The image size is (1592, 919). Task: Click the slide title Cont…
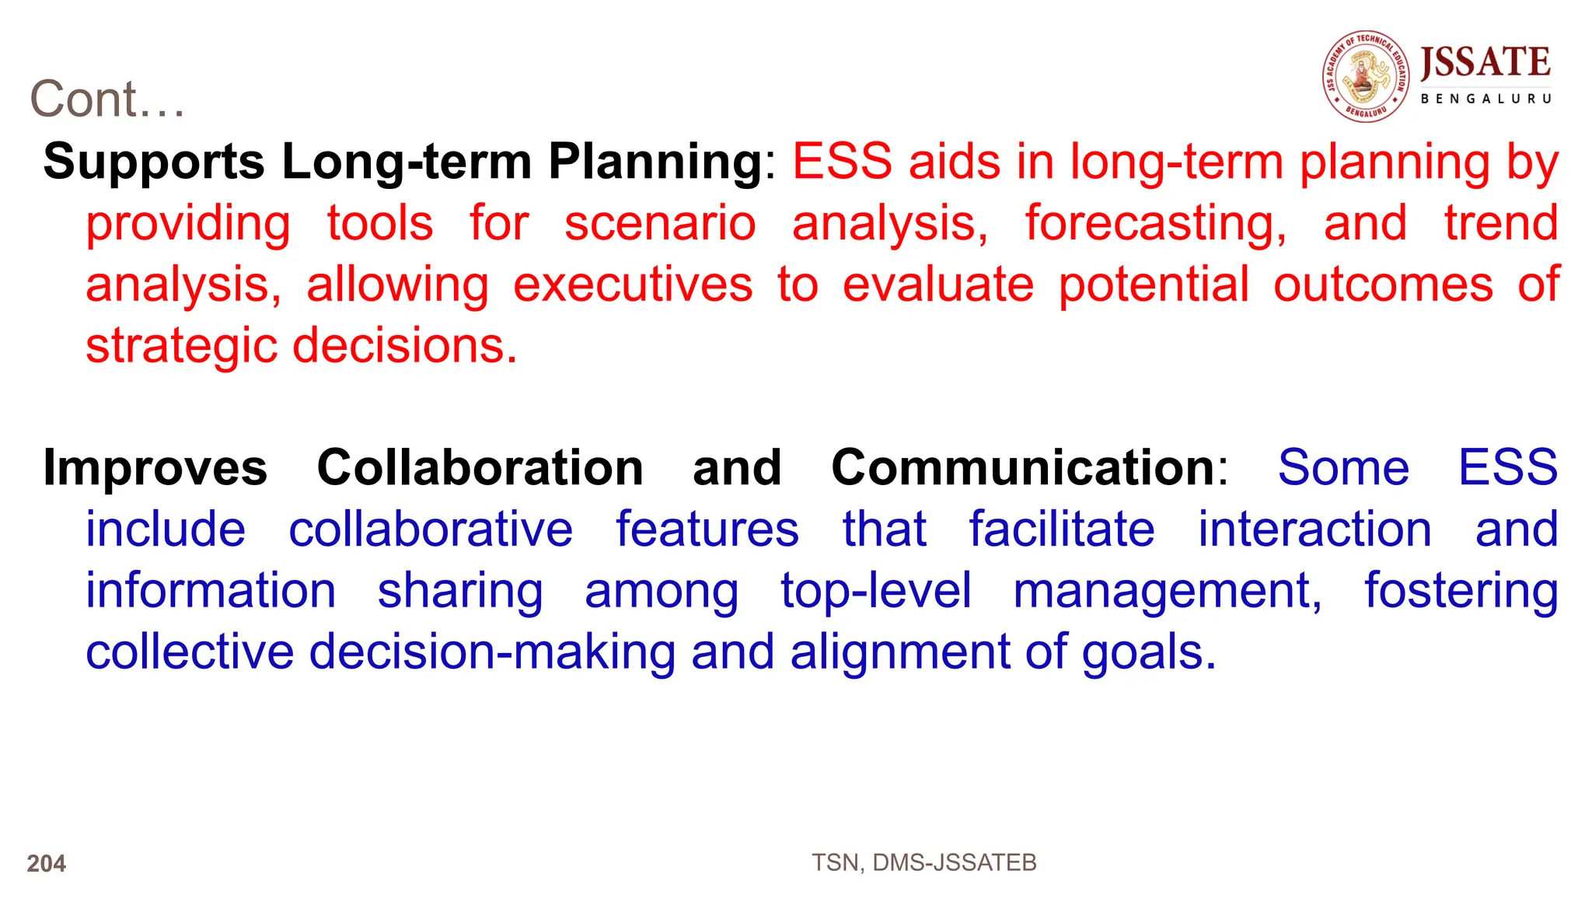[x=107, y=100]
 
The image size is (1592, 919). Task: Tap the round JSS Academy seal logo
[x=1366, y=76]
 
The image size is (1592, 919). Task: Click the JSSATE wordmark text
[x=1485, y=62]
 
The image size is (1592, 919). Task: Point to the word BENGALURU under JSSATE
[x=1486, y=99]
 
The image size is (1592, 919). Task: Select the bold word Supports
[x=154, y=162]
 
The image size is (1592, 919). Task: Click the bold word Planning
[x=655, y=162]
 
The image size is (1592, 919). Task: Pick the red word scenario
[x=660, y=223]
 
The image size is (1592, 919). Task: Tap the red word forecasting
[x=1156, y=223]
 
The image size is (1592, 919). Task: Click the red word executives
[x=633, y=285]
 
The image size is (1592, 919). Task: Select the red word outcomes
[x=1383, y=285]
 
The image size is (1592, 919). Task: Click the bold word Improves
[x=155, y=468]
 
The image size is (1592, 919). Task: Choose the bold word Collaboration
[x=480, y=468]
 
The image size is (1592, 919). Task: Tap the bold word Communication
[x=1022, y=468]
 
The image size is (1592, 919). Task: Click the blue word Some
[x=1343, y=468]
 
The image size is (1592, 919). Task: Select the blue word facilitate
[x=1062, y=529]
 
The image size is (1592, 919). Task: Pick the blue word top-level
[x=876, y=591]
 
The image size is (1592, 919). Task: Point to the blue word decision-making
[x=492, y=652]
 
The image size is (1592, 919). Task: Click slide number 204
[x=47, y=864]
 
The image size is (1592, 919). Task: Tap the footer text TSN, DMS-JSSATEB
[x=923, y=863]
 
